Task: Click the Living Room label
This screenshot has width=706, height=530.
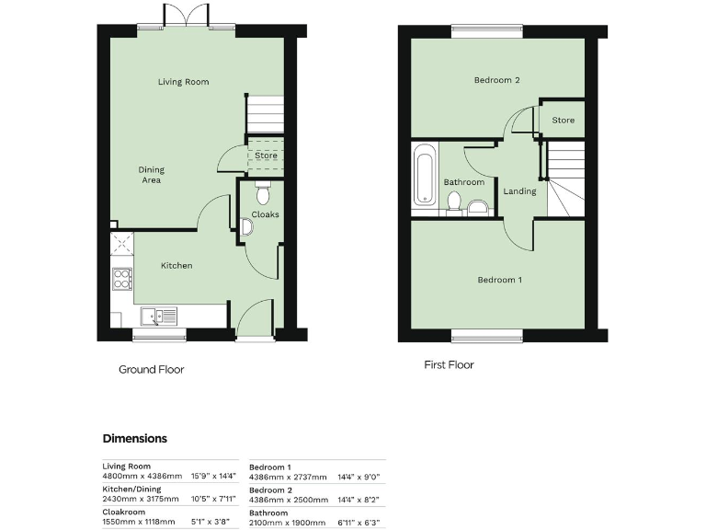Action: (183, 82)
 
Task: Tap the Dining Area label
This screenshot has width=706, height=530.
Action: (151, 175)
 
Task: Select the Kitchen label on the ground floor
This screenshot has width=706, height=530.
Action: (176, 266)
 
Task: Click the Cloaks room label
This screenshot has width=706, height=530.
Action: (266, 214)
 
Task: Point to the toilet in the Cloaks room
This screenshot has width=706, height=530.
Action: (263, 192)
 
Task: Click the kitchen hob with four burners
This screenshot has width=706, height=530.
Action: (121, 278)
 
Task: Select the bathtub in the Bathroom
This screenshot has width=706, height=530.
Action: (424, 175)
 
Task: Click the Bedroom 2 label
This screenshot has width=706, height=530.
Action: (496, 80)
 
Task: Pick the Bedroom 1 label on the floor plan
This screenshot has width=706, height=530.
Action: (498, 280)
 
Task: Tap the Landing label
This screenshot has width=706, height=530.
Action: (519, 191)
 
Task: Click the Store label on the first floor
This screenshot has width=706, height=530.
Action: (563, 121)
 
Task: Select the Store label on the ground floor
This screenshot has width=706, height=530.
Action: (266, 156)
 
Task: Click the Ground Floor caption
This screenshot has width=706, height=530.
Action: (151, 370)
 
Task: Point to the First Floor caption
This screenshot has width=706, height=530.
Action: (449, 365)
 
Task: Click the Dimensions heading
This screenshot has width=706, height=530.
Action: (134, 439)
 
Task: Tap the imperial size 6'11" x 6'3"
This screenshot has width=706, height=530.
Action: (359, 523)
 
